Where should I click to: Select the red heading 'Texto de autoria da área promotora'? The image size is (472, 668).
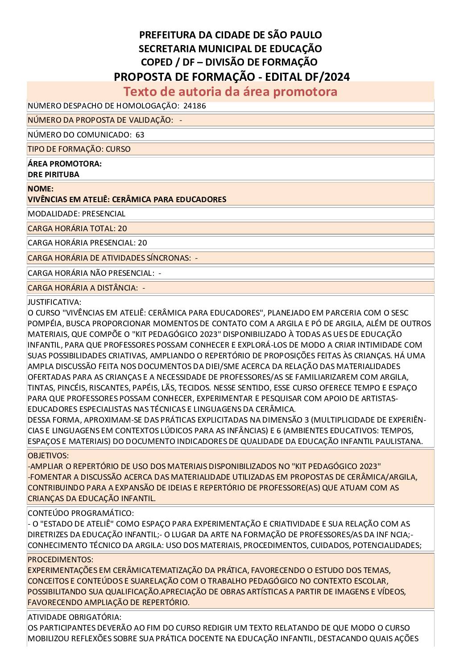[x=230, y=91]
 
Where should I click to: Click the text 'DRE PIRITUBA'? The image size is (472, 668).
[x=53, y=174]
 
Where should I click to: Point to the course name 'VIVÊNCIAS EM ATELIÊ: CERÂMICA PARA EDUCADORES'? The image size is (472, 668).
[x=127, y=199]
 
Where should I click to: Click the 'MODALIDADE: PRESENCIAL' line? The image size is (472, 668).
[x=76, y=214]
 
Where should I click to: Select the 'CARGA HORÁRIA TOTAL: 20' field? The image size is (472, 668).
[x=77, y=228]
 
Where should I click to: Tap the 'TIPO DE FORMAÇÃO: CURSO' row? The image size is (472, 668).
[x=79, y=149]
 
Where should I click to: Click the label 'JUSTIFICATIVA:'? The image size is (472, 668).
[x=54, y=302]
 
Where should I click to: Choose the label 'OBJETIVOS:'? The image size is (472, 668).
[x=48, y=456]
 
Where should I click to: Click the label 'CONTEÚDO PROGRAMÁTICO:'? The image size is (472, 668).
[x=81, y=513]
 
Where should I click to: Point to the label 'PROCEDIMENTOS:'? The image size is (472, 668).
[x=60, y=560]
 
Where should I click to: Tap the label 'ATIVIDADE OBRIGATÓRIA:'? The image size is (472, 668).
[x=74, y=617]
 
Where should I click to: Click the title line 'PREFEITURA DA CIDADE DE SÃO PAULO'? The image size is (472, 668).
[x=230, y=35]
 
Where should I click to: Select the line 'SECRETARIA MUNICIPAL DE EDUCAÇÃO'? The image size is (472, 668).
[x=230, y=48]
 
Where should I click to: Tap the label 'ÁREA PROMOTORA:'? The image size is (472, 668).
[x=64, y=164]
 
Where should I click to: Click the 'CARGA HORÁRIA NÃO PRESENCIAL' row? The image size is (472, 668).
[x=94, y=273]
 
